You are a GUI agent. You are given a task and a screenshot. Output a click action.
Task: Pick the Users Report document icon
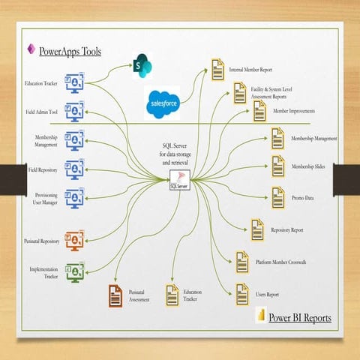click(x=242, y=292)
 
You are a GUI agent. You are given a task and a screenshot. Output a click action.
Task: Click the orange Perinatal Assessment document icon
click(x=116, y=292)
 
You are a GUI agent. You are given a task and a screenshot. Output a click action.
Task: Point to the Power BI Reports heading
click(x=299, y=317)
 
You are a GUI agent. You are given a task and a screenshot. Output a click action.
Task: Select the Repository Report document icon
click(x=256, y=229)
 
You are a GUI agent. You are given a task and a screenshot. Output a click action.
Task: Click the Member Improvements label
click(x=294, y=111)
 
